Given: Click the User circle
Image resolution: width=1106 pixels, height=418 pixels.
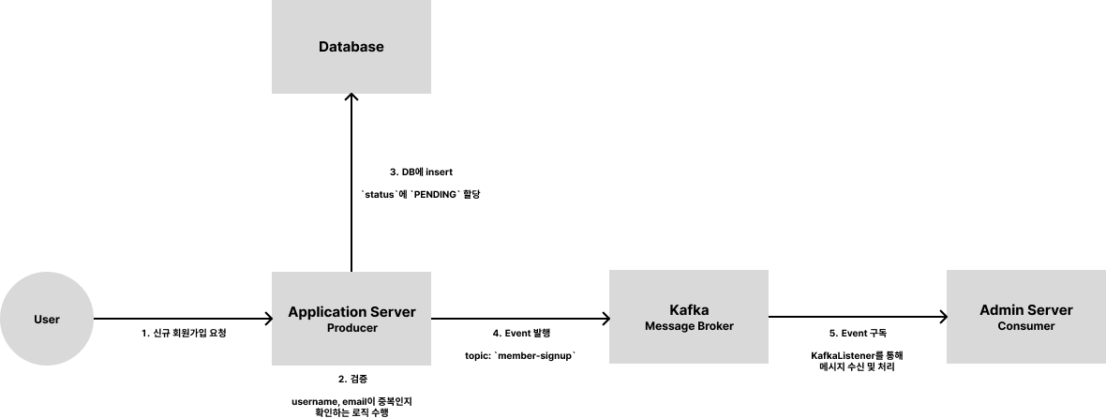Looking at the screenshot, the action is coord(47,319).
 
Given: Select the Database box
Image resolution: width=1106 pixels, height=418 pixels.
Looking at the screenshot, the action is coord(351,47).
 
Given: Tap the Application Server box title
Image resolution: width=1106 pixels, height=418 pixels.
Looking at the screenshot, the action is coord(351,311).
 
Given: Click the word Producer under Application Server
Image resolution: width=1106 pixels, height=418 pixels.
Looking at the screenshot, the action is coord(352,328).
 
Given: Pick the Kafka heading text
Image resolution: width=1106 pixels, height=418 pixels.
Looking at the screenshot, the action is coord(689,310).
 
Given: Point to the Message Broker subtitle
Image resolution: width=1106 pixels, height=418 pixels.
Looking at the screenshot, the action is coord(689,326).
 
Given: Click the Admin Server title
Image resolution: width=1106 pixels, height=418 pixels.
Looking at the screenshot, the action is coord(1026,310).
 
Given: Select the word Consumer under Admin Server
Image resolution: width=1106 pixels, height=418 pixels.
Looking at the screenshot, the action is coord(1026,326).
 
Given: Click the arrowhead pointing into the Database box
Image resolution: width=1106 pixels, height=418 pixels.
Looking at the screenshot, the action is coord(351,97).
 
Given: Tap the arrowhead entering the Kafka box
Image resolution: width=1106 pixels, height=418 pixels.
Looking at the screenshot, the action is coord(605,319).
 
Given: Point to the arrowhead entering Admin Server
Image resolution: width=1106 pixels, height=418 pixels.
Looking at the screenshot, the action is coord(943,317).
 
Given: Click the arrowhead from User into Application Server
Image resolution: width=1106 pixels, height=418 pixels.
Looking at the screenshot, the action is coord(269,319).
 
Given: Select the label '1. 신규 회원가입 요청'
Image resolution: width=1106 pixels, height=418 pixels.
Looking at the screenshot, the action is coord(184,334).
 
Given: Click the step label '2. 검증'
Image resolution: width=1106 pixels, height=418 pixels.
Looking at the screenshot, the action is coord(352,380).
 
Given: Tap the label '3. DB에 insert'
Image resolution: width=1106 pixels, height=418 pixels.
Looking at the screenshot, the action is coord(421,172).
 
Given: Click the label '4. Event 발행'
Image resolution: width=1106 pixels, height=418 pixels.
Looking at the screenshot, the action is coord(521,334).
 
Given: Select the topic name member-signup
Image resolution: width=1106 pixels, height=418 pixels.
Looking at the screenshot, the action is coord(537,356).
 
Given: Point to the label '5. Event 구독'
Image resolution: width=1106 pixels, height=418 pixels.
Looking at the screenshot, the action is coord(858,334).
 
